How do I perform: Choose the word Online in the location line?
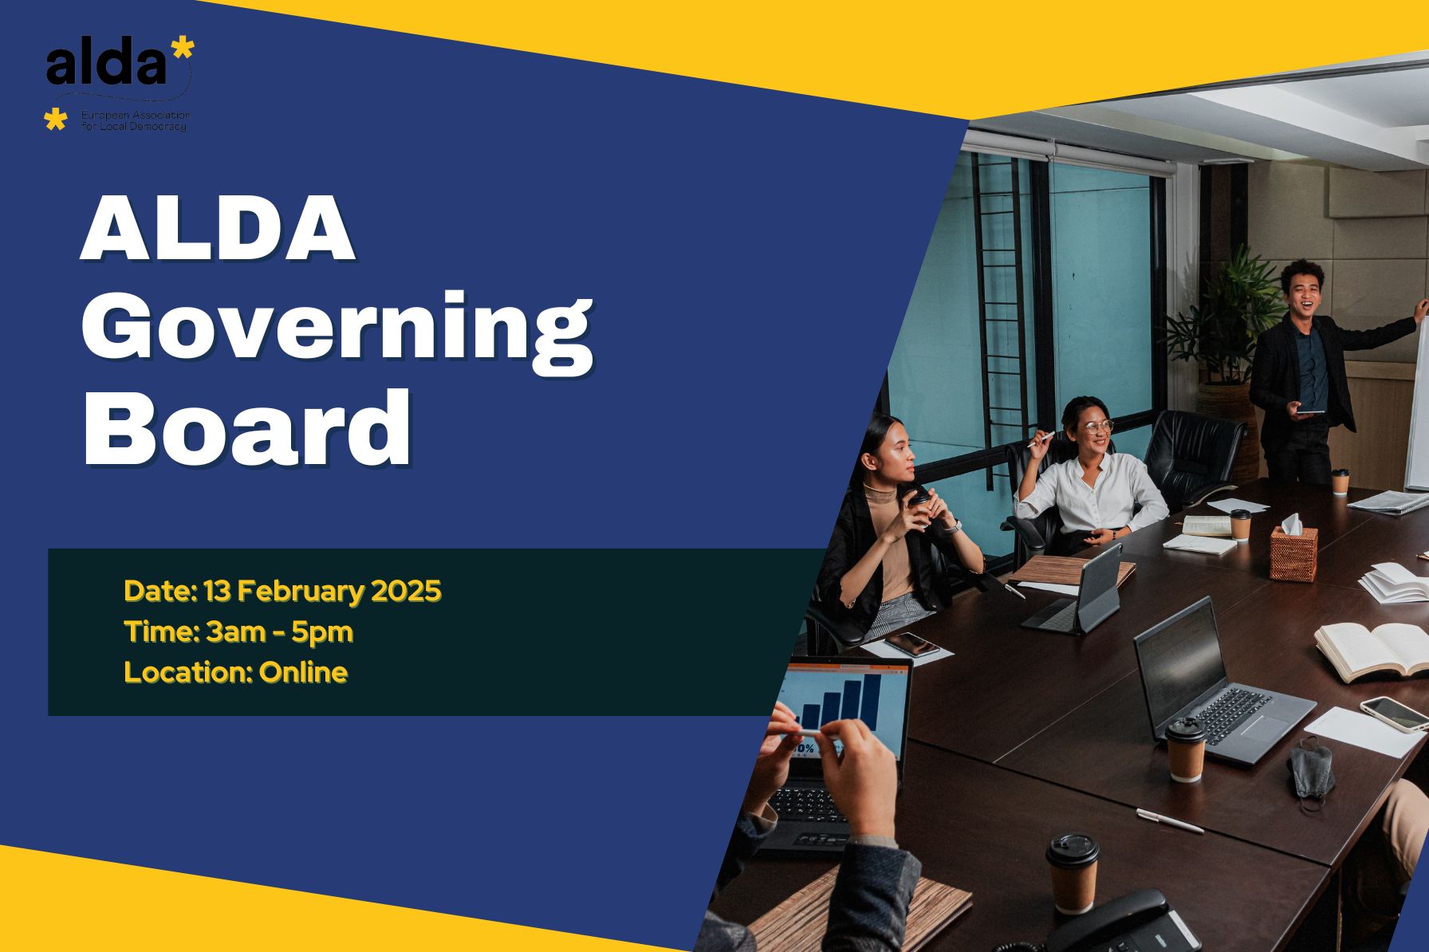(x=303, y=673)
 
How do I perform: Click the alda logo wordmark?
(x=108, y=66)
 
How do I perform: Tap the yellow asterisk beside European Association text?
(x=55, y=120)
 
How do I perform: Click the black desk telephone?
(x=1116, y=925)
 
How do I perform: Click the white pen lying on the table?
(x=1169, y=820)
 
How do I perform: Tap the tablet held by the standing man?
(x=1308, y=411)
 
